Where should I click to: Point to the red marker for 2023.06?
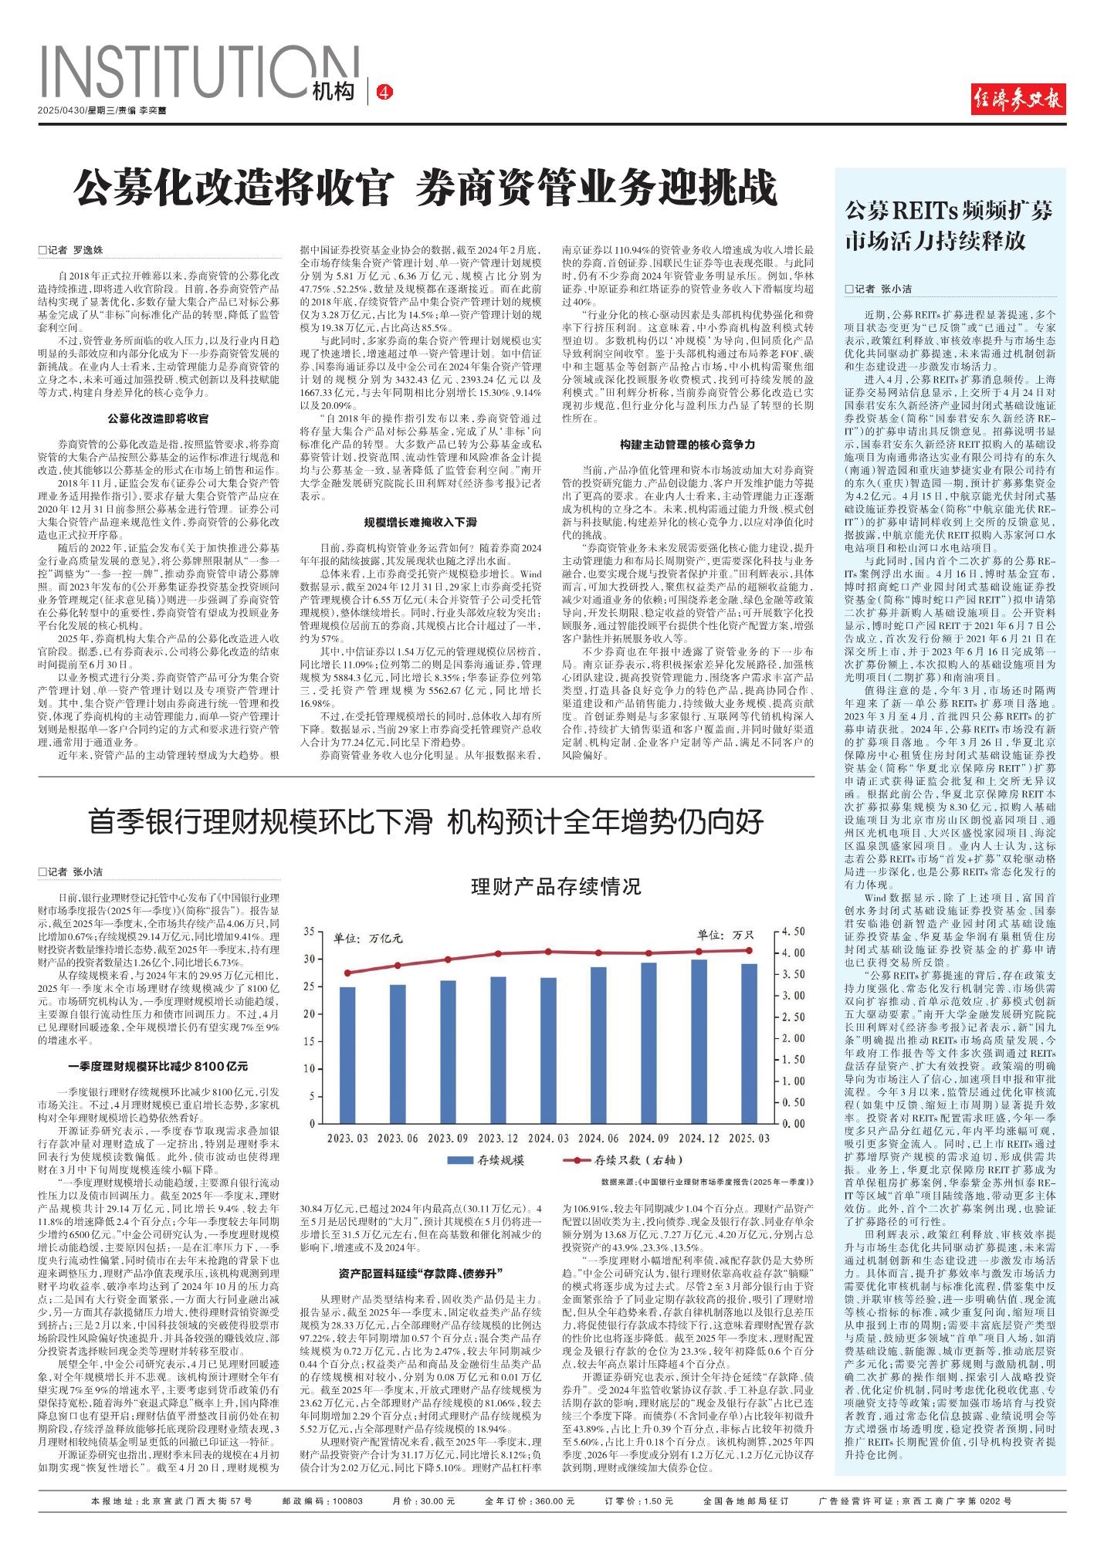click(398, 966)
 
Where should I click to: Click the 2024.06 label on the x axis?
click(598, 1139)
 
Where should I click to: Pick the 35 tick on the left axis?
click(309, 932)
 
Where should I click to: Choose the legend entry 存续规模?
click(486, 1160)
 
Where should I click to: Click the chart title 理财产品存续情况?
click(556, 886)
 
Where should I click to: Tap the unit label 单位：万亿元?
click(368, 939)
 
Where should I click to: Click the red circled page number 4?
click(384, 93)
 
